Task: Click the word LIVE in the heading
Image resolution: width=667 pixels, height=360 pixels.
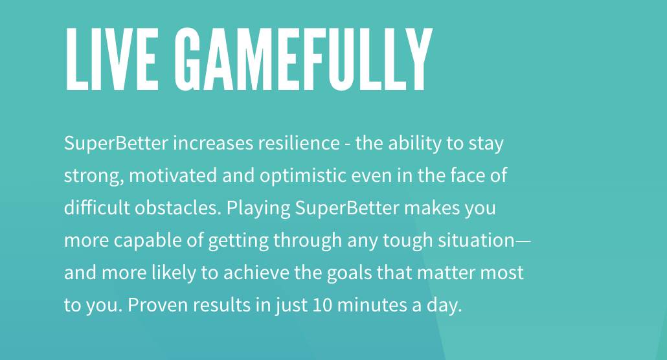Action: [112, 59]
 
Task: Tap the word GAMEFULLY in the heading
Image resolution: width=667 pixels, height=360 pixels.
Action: [304, 59]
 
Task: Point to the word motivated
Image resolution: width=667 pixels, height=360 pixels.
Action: [173, 175]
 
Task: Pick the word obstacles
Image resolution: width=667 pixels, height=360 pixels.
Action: [178, 208]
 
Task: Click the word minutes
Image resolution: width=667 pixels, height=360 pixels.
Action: [372, 305]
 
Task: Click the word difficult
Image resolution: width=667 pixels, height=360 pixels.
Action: [97, 208]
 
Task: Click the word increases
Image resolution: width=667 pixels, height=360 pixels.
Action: [212, 143]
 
